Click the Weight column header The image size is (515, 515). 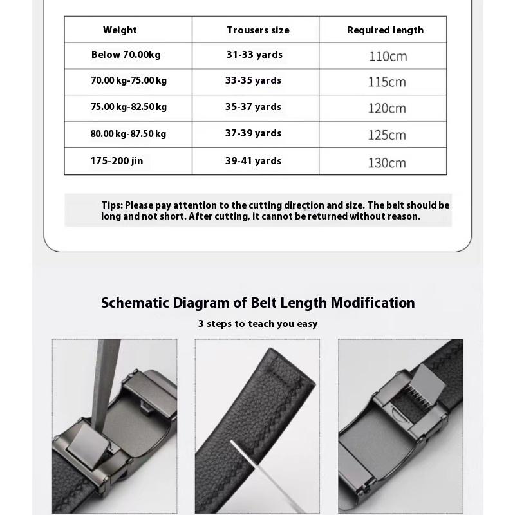tap(120, 30)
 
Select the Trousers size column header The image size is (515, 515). tap(257, 30)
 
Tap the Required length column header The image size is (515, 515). tap(385, 30)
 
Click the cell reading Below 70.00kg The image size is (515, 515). tap(126, 55)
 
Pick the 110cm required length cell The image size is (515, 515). tap(388, 56)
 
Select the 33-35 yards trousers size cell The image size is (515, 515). tap(253, 80)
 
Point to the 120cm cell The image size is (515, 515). tap(387, 108)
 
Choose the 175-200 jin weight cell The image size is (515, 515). tap(117, 161)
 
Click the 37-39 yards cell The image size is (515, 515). tap(253, 133)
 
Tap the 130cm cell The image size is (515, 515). tap(387, 163)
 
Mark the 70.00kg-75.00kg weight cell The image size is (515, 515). tap(129, 80)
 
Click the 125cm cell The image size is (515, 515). tap(387, 135)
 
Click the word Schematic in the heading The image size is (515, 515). tap(135, 303)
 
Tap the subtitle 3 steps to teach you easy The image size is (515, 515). tap(257, 324)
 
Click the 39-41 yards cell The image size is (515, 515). tap(253, 161)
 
